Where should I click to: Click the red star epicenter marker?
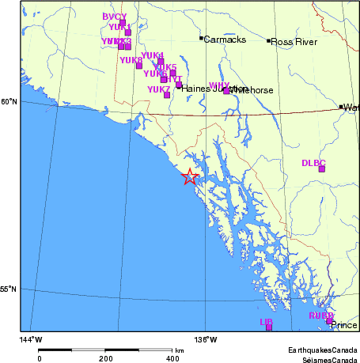click(x=189, y=177)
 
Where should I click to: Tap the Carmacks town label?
click(x=225, y=40)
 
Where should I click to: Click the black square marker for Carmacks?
click(x=201, y=38)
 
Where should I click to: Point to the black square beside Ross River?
click(x=268, y=40)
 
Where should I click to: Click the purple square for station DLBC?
click(x=322, y=168)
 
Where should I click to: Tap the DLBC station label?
click(x=313, y=162)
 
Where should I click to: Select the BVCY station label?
click(x=115, y=17)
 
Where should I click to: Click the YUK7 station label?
click(x=158, y=89)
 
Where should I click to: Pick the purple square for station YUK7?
click(x=167, y=95)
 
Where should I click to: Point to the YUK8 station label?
click(x=131, y=59)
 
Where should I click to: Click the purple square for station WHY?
click(x=226, y=90)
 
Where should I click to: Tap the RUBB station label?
click(x=320, y=316)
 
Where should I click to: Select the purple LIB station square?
click(x=269, y=327)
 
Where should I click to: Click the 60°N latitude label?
click(x=7, y=101)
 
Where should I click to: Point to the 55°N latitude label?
click(x=7, y=289)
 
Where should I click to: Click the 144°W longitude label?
click(x=31, y=339)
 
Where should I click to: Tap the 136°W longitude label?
click(x=207, y=339)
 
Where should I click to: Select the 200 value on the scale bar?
click(x=106, y=358)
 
